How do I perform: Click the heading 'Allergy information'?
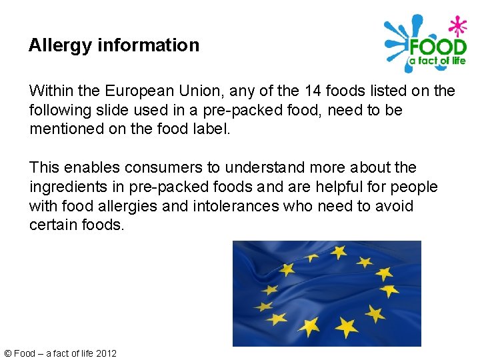tap(114, 45)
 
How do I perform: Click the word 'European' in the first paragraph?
tap(136, 90)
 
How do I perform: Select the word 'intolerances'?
tap(235, 206)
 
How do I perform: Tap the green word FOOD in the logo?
tap(437, 47)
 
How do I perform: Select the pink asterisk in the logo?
tap(457, 27)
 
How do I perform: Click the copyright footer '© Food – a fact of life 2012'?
tap(60, 353)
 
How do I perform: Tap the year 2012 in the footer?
tap(106, 353)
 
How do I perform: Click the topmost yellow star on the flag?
tap(338, 252)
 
